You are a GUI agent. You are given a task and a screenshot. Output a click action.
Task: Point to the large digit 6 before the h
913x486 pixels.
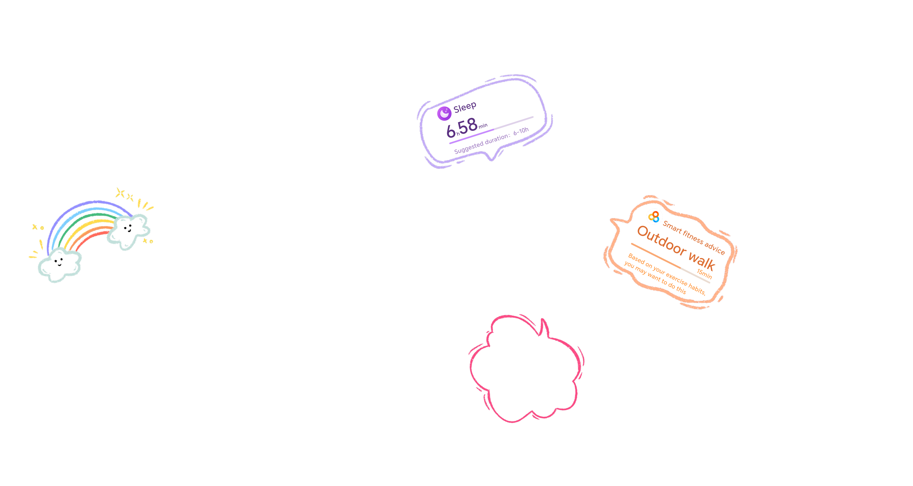tap(450, 131)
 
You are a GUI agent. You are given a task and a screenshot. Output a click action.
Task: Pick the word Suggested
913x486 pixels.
tap(469, 147)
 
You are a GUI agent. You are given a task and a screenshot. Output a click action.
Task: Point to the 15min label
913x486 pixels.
tap(704, 274)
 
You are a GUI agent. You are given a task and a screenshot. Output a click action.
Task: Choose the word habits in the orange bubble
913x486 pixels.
tap(697, 289)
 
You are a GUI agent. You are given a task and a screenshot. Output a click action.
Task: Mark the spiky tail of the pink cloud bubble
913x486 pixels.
tap(543, 326)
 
